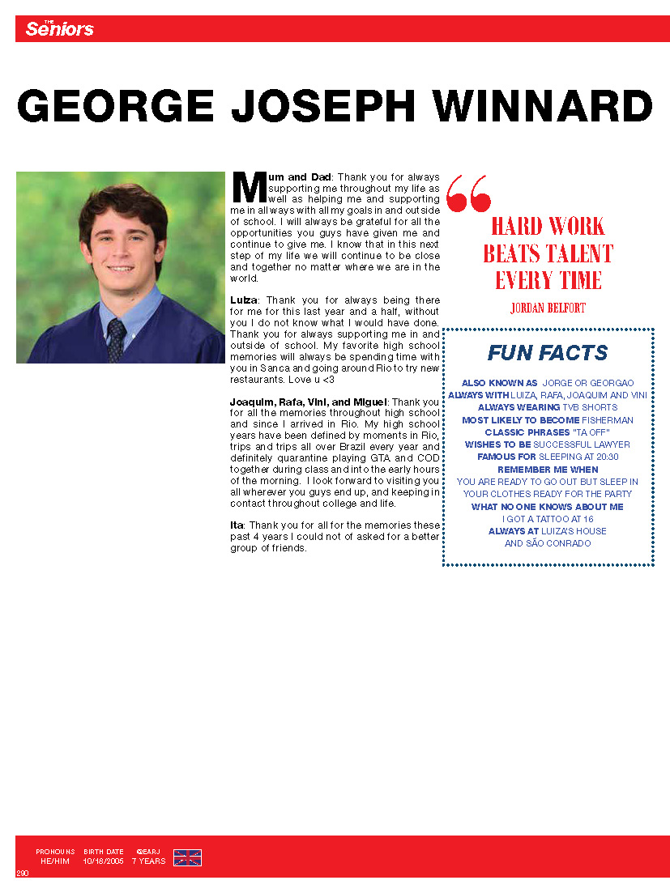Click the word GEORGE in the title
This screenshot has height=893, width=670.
click(115, 106)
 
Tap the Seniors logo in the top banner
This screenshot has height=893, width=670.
click(59, 29)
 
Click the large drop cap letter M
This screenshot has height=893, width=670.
click(248, 186)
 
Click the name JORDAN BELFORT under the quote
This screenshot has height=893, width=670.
click(548, 308)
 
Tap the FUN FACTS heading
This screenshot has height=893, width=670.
click(548, 353)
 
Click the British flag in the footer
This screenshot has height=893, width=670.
click(187, 857)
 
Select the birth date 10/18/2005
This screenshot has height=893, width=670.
click(103, 861)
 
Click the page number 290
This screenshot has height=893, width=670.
click(23, 873)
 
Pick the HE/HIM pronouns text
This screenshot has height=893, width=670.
click(55, 861)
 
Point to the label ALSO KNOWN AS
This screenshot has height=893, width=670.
click(499, 383)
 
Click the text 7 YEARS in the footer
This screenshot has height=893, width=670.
click(148, 861)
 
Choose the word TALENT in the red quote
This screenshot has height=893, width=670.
click(580, 253)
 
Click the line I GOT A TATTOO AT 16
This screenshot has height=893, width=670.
click(548, 519)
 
